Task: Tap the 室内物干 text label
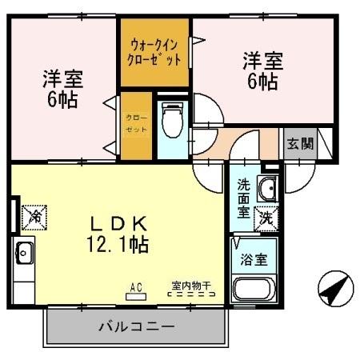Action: click(190, 284)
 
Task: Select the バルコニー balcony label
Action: click(136, 326)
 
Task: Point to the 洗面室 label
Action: click(243, 198)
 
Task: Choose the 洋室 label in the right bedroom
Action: click(263, 59)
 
